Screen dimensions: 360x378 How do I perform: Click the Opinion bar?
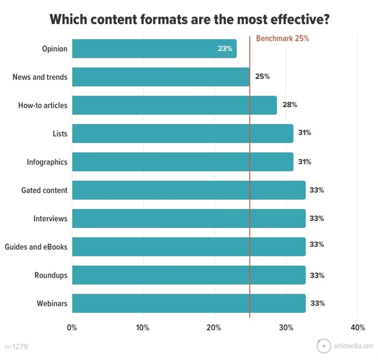154,49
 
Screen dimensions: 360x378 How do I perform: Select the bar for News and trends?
160,77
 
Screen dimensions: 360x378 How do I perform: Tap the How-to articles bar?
174,105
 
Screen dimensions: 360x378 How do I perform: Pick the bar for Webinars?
188,304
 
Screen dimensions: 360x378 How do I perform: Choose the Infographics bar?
182,162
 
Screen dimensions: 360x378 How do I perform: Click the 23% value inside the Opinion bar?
225,49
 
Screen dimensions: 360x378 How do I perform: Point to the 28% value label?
290,105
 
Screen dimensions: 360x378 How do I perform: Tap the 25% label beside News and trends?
263,77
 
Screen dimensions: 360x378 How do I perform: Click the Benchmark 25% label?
282,38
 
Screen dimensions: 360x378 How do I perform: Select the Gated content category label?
44,190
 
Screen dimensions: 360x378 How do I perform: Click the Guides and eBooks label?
36,247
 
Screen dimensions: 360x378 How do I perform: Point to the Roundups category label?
51,275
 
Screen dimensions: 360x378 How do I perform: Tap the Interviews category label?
50,219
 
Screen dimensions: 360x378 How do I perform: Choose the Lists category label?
59,134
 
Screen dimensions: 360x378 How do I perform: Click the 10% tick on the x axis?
143,328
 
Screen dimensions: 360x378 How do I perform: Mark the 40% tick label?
357,328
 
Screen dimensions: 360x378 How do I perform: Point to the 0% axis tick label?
72,328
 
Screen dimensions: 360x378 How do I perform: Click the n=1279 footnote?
17,346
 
